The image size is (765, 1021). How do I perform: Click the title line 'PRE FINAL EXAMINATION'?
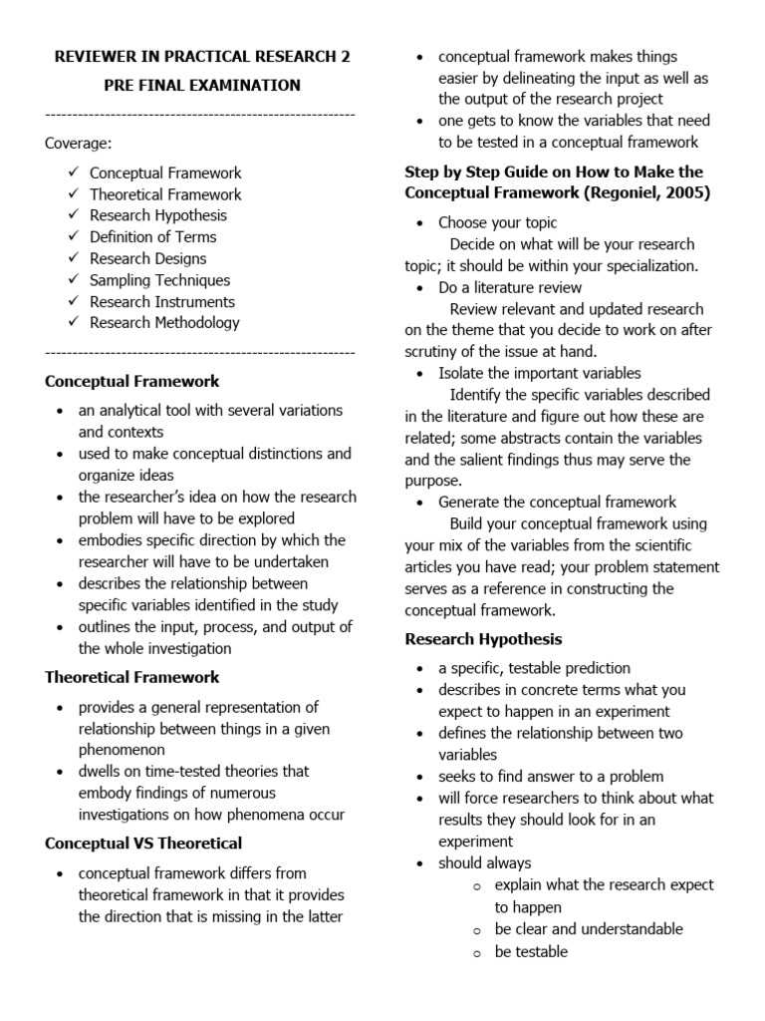[202, 86]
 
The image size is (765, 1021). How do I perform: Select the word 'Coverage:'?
[79, 144]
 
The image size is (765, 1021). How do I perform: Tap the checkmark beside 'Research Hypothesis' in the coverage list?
[74, 214]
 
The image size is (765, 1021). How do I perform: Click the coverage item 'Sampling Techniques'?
[159, 280]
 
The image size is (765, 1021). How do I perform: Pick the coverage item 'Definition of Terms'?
[152, 236]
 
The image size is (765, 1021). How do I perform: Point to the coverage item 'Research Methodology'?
[164, 322]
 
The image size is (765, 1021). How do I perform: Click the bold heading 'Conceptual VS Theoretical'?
[143, 844]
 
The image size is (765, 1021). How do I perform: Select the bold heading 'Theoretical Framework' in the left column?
[132, 677]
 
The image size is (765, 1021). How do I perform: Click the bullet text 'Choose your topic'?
[498, 222]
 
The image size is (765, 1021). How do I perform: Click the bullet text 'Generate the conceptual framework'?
[557, 502]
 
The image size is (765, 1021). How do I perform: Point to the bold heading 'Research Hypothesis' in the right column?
[483, 638]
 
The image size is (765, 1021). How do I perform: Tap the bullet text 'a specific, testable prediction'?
[534, 668]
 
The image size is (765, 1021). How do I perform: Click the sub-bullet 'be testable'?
[531, 951]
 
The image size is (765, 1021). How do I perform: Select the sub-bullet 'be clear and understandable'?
[589, 928]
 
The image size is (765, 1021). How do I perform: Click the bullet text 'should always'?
[485, 862]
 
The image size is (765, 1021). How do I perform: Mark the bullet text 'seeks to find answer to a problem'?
[551, 776]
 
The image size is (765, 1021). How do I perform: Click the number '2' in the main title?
[345, 57]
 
